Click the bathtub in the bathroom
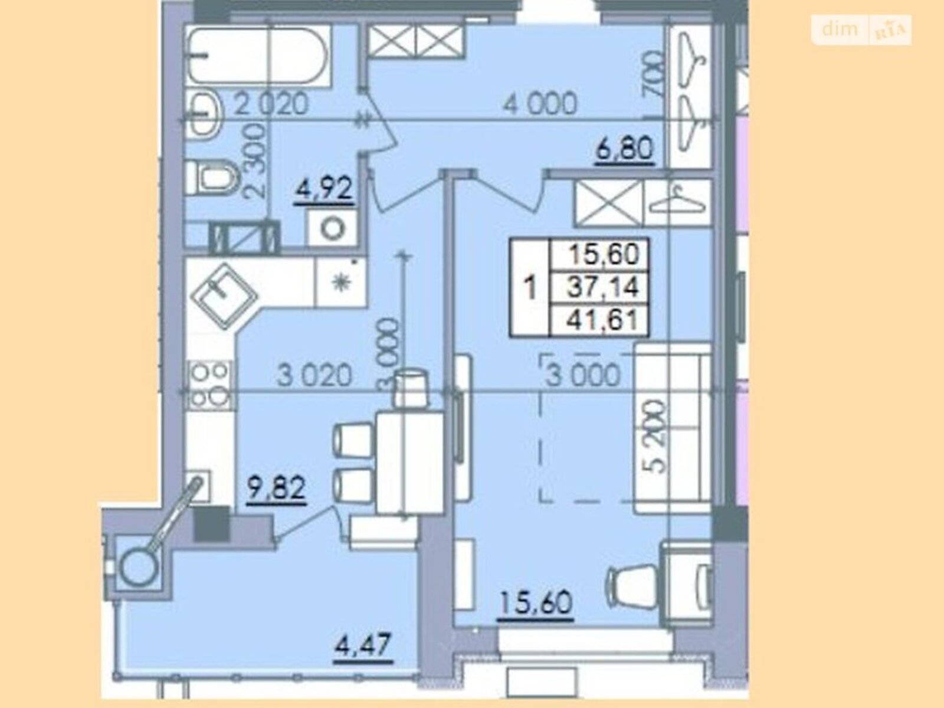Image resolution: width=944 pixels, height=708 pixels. point(258,56)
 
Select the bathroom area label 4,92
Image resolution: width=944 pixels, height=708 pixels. point(323,189)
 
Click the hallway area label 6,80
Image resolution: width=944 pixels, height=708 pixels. point(624,150)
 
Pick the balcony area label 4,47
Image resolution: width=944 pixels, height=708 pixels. point(363,646)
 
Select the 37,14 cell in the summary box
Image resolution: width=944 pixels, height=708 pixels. point(603,287)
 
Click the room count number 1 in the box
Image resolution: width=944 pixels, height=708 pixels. point(530,287)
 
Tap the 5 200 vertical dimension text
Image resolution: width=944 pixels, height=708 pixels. point(656,437)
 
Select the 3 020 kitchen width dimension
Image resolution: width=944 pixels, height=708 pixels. point(314,375)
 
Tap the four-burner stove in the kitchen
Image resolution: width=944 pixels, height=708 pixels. point(209,385)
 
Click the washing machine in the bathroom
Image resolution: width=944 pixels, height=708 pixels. point(332,228)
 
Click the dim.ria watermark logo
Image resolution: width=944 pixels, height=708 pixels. point(861,29)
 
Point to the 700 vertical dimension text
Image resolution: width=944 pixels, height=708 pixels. point(653,74)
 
